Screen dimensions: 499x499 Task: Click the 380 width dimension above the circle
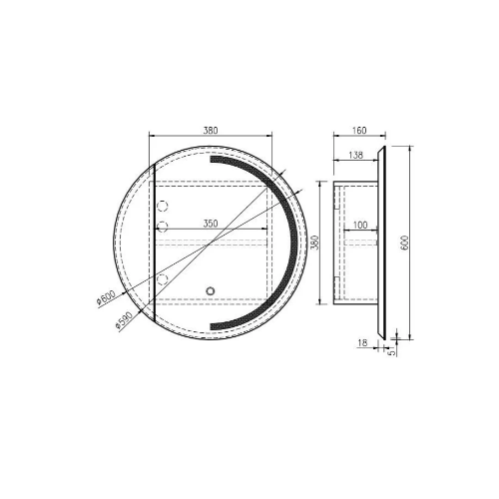coord(210,130)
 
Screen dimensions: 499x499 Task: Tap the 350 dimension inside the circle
coord(211,224)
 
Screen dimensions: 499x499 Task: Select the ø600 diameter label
coord(105,300)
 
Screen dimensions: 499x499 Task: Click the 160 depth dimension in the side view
coord(359,130)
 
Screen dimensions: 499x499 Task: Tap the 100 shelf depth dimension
coord(358,226)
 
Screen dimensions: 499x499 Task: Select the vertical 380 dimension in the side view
coord(312,243)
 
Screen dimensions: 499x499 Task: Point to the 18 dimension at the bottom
coord(360,342)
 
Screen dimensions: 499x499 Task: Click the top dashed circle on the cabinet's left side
coord(165,206)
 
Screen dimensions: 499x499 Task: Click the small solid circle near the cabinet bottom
coord(210,291)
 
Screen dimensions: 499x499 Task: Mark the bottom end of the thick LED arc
coord(213,329)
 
